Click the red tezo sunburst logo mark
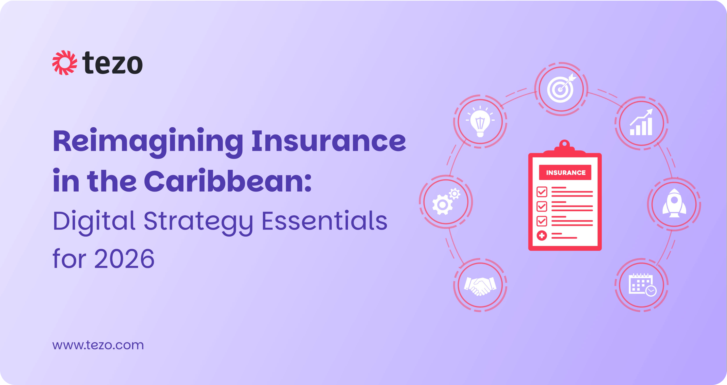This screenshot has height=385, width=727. [65, 63]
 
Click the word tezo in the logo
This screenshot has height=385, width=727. [112, 63]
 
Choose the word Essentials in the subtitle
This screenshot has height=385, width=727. [325, 220]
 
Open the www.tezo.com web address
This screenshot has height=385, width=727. [98, 345]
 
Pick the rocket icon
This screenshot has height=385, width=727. [674, 203]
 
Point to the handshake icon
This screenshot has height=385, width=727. [480, 286]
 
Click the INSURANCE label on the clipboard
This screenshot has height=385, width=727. [566, 173]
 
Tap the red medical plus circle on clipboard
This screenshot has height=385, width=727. [541, 235]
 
